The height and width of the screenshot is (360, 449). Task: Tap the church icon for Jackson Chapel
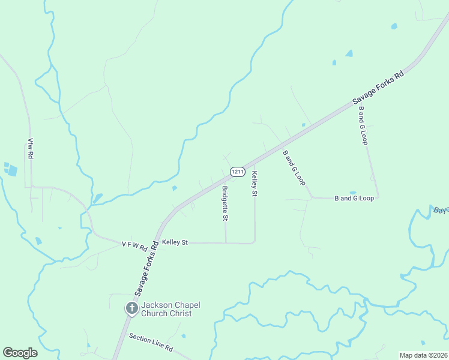point(131,309)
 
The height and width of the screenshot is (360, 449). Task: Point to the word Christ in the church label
point(181,313)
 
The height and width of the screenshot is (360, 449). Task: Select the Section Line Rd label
point(151,348)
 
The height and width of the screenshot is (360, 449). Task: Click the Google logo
point(20,353)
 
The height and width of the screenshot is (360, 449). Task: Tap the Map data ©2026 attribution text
point(424,355)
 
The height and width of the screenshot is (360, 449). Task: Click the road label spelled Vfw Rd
point(30,148)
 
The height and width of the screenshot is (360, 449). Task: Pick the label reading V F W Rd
point(134,245)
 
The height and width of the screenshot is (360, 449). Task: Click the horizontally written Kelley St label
point(175,242)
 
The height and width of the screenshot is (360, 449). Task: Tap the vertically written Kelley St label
point(255,184)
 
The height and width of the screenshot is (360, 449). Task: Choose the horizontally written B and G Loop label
point(354,198)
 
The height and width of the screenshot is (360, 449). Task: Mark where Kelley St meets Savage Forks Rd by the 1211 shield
point(254,163)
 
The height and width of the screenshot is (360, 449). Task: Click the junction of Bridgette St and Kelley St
point(226,243)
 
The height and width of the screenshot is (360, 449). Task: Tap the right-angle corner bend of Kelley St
point(255,242)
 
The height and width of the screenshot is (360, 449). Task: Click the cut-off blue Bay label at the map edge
point(441,210)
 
